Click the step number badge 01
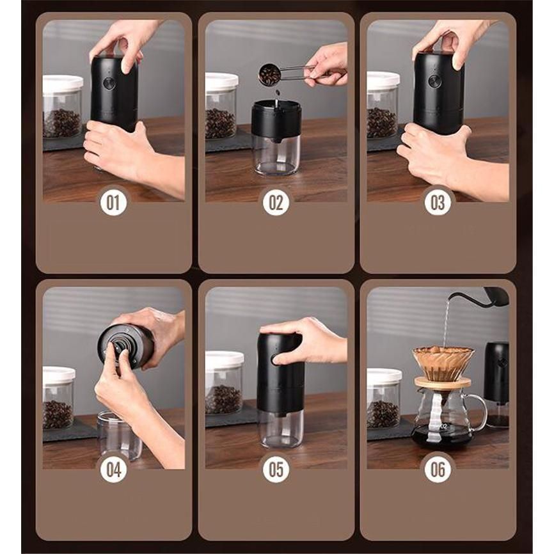[x=113, y=202]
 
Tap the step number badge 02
[x=276, y=202]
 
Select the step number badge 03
[x=438, y=202]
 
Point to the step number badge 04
[x=113, y=470]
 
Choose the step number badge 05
[x=276, y=470]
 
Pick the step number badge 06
[x=438, y=470]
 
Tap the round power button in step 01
[x=109, y=83]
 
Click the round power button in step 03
[x=434, y=81]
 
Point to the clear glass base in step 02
[x=276, y=156]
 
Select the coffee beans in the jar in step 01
[x=62, y=123]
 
